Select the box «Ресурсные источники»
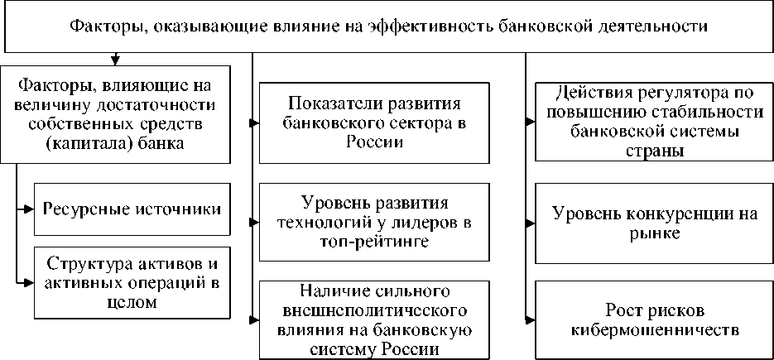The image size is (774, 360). [x=132, y=208]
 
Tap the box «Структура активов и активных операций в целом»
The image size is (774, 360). [x=132, y=283]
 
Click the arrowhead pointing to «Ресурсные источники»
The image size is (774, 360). [x=29, y=208]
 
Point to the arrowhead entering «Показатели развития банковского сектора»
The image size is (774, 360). [x=254, y=122]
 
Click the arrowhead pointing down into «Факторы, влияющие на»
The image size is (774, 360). [x=115, y=59]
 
